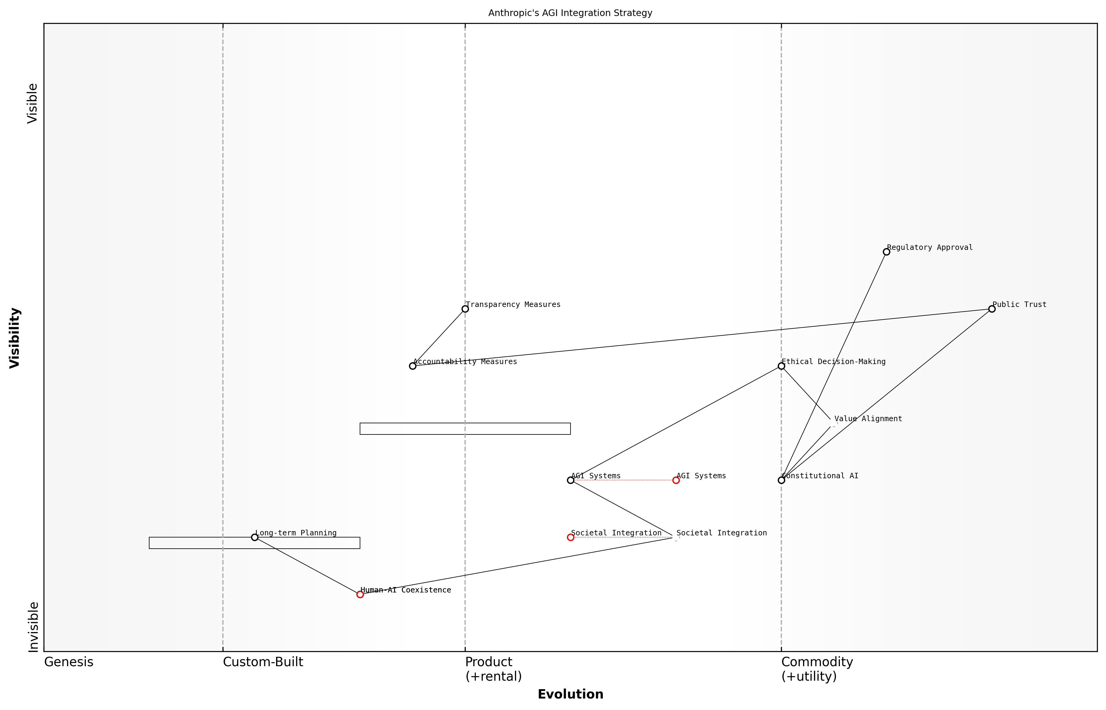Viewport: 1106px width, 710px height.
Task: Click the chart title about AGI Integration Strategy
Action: (x=570, y=13)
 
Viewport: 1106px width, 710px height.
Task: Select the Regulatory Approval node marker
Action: (x=886, y=252)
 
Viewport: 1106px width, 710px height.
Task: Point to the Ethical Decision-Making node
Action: (x=781, y=366)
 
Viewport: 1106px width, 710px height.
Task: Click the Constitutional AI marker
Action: (x=781, y=480)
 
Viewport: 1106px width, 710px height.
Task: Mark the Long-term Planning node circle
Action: (x=254, y=537)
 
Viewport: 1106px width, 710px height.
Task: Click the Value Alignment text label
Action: (x=868, y=419)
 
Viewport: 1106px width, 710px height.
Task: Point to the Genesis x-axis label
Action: (x=69, y=662)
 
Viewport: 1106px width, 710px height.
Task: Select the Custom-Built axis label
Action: (x=263, y=662)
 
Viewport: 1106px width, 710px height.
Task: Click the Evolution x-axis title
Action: (x=570, y=694)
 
